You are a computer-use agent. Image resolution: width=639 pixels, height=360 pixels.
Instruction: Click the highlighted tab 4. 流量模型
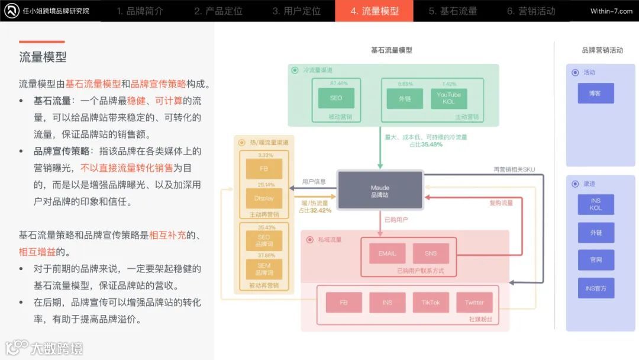(374, 11)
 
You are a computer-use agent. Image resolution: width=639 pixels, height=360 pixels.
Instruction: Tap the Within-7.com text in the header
(611, 11)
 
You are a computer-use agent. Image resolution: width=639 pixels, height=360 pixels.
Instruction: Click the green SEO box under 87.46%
(335, 98)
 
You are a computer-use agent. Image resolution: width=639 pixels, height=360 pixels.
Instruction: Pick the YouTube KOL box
(448, 98)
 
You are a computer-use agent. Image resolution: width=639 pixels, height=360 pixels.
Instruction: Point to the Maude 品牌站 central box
(380, 191)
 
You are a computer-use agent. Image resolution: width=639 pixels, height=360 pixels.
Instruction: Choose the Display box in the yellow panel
(264, 198)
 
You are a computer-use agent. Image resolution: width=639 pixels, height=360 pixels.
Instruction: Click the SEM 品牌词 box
(264, 269)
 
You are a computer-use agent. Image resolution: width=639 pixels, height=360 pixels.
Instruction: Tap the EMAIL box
(387, 253)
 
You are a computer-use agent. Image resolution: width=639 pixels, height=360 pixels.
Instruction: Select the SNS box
(431, 253)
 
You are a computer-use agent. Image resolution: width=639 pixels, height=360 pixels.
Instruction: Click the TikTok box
(431, 303)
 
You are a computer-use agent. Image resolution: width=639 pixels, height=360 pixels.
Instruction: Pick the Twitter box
(474, 303)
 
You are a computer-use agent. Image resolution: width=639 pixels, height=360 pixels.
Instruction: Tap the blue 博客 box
(595, 94)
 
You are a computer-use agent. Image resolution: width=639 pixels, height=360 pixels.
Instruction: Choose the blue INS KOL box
(595, 204)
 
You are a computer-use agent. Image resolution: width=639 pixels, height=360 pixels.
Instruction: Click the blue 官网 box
(595, 260)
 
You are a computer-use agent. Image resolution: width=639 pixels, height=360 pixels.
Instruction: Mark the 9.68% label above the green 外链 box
(405, 83)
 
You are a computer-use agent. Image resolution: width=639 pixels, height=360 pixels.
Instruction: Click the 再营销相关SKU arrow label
(514, 169)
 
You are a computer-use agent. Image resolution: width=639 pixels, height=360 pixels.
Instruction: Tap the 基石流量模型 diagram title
(391, 50)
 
